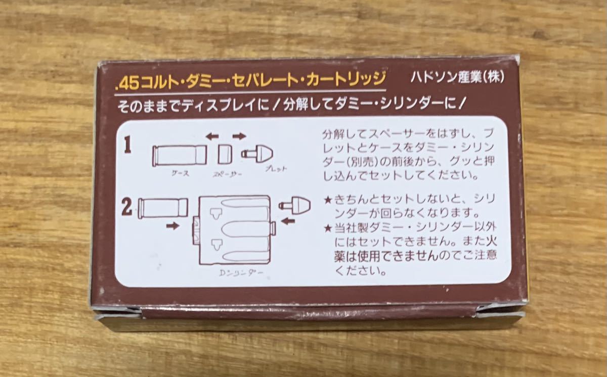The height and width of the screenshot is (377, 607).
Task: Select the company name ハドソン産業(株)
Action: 457,77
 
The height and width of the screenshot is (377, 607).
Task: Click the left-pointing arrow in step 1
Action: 212,136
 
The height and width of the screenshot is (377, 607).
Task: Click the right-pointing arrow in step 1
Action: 239,136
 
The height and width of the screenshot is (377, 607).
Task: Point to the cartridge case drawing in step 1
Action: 180,155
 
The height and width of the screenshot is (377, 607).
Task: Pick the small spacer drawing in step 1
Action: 225,155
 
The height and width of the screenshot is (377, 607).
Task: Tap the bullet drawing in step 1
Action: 257,154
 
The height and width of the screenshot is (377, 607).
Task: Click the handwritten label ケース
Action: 181,173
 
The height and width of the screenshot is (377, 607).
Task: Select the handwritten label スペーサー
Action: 227,174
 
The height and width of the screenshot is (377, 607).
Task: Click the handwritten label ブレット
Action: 276,169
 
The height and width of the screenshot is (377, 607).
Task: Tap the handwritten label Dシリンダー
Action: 241,273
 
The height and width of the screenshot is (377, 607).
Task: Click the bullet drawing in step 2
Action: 295,205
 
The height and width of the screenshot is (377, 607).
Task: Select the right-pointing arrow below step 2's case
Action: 173,225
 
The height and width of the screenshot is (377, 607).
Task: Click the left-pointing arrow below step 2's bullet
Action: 288,221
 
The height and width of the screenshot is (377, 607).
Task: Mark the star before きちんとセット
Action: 328,200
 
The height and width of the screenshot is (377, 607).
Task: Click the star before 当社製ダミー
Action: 328,228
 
